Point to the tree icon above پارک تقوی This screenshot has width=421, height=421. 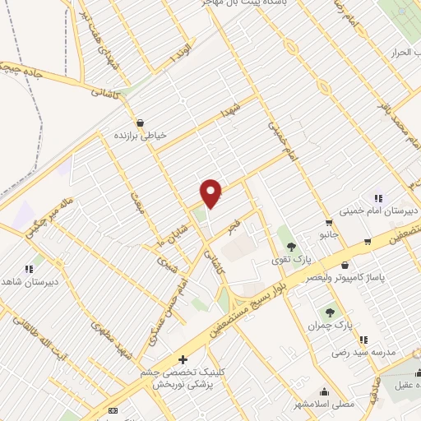click(x=289, y=246)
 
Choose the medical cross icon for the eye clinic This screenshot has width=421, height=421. click(x=183, y=359)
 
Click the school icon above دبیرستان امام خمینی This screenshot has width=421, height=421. click(x=378, y=198)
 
